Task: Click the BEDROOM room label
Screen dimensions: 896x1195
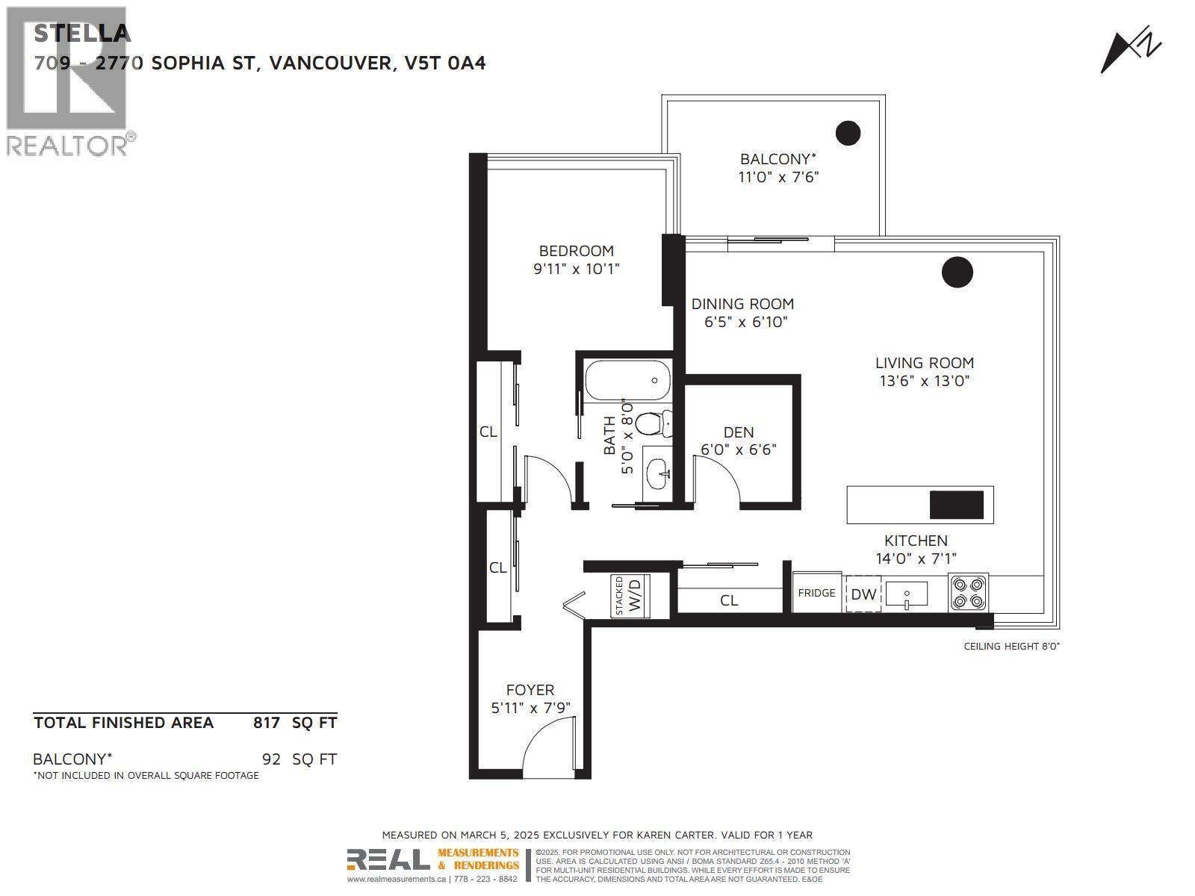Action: pos(576,251)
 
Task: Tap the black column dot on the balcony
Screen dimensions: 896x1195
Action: pos(848,133)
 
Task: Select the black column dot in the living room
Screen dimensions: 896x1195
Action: pos(957,272)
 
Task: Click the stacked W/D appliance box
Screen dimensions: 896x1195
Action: pos(630,595)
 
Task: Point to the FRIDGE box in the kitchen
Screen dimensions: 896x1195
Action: pos(816,593)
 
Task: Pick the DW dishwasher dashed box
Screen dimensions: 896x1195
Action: pos(863,594)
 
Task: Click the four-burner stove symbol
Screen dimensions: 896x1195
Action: pos(969,593)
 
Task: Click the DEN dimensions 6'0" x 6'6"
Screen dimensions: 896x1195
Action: pos(738,449)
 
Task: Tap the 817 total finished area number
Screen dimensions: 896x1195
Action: pos(267,722)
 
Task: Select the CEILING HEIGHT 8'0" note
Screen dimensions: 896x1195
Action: pos(1011,646)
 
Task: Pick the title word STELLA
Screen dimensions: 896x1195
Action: pos(82,33)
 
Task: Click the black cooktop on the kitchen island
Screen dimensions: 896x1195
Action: pos(956,505)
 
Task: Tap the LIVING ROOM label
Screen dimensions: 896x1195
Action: pos(924,363)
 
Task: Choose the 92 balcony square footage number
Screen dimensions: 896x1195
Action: pos(271,759)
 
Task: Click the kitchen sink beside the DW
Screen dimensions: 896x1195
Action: pos(906,594)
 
